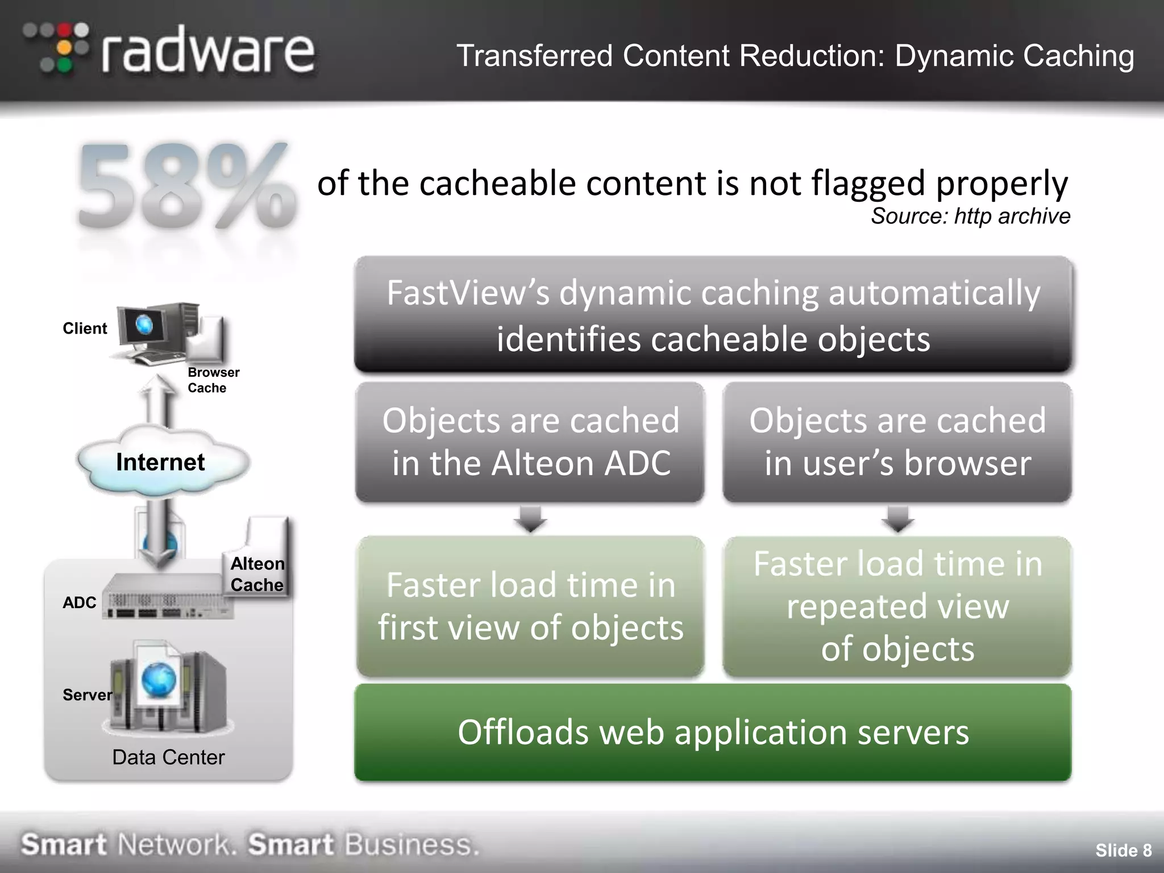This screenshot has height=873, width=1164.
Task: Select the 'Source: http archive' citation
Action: pyautogui.click(x=970, y=217)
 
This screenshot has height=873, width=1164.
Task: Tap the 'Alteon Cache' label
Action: pyautogui.click(x=257, y=574)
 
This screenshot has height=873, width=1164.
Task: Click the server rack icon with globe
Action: pyautogui.click(x=167, y=688)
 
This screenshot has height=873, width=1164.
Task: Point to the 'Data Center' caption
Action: pyautogui.click(x=168, y=757)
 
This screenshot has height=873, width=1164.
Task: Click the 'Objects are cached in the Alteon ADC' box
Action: pyautogui.click(x=530, y=442)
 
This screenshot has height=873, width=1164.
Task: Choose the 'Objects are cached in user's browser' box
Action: pyautogui.click(x=897, y=442)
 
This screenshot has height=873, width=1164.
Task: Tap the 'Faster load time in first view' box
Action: pyautogui.click(x=530, y=606)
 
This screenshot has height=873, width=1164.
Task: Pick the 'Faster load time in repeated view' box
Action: pyautogui.click(x=897, y=606)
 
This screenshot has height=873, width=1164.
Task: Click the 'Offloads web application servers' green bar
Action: pyautogui.click(x=713, y=732)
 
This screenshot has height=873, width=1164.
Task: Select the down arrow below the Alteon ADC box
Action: pyautogui.click(x=530, y=519)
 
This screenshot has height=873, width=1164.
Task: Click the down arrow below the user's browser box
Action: pyautogui.click(x=897, y=519)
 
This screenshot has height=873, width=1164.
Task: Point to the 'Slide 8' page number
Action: pyautogui.click(x=1123, y=850)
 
